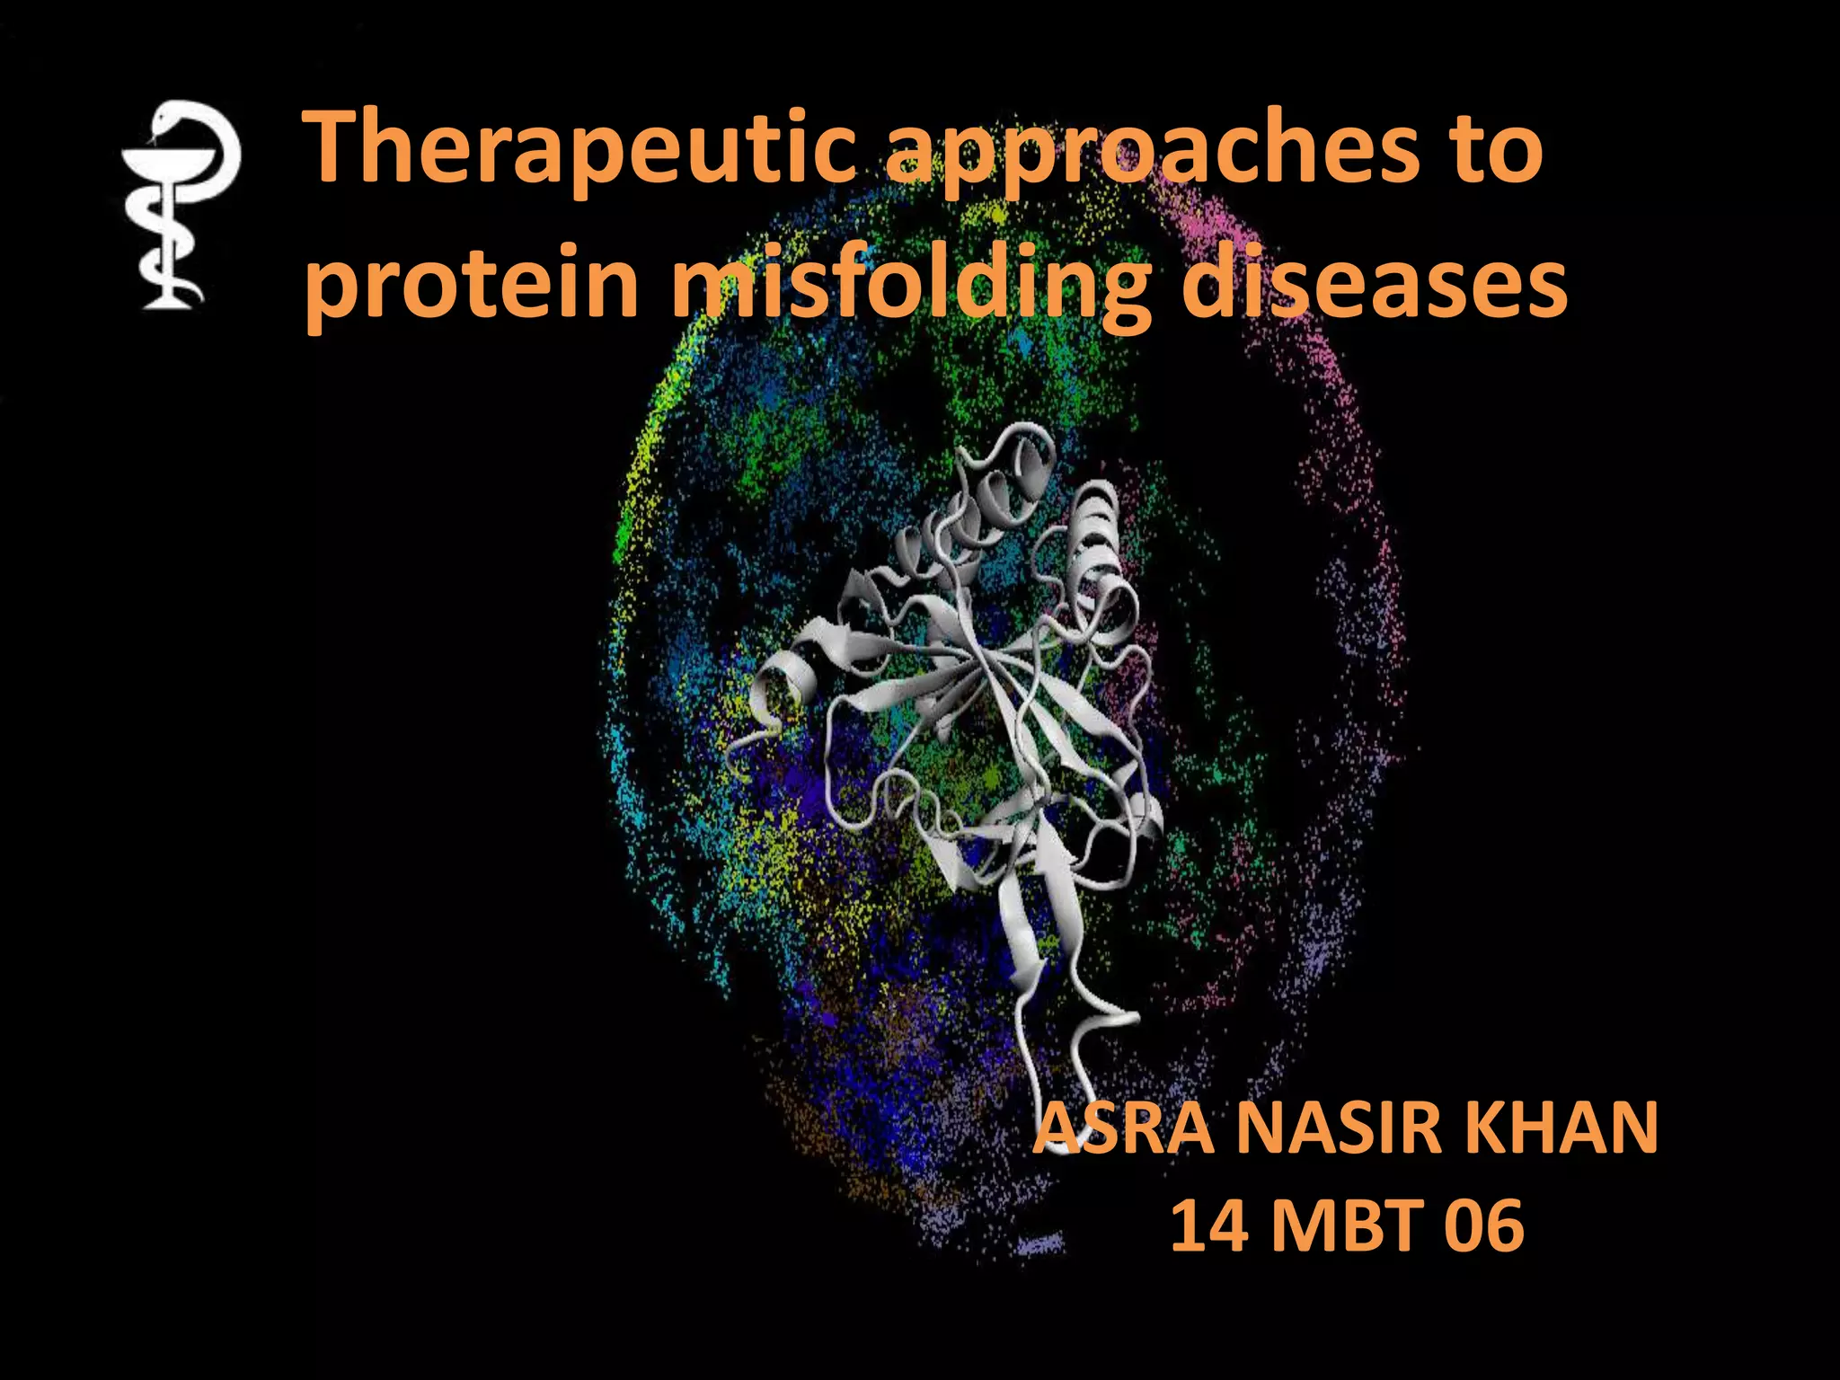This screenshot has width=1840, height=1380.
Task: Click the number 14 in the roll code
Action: coord(1209,1225)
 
